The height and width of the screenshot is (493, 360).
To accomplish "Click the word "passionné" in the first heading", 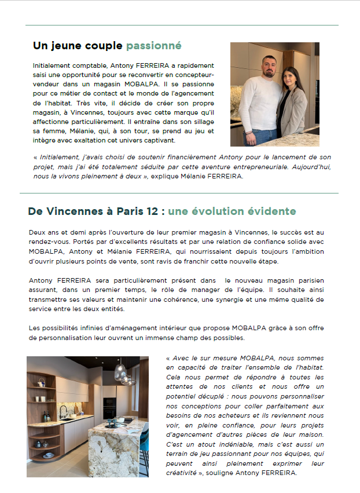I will (153, 45).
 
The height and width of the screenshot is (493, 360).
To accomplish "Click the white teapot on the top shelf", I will (40, 381).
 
